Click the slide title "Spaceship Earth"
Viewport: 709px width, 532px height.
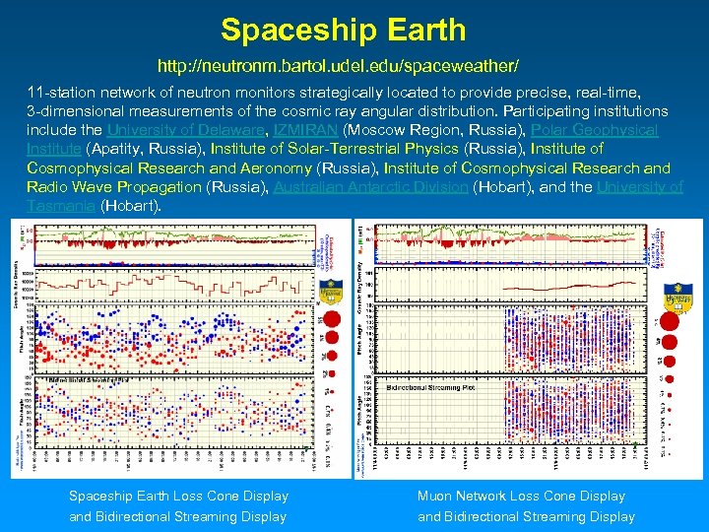343,30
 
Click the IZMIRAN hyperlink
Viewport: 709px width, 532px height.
302,130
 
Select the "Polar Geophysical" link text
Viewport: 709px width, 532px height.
594,130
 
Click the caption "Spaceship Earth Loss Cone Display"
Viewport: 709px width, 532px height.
178,497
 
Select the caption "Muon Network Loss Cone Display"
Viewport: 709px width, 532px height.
521,497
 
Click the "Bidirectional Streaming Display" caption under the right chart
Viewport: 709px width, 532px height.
526,516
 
